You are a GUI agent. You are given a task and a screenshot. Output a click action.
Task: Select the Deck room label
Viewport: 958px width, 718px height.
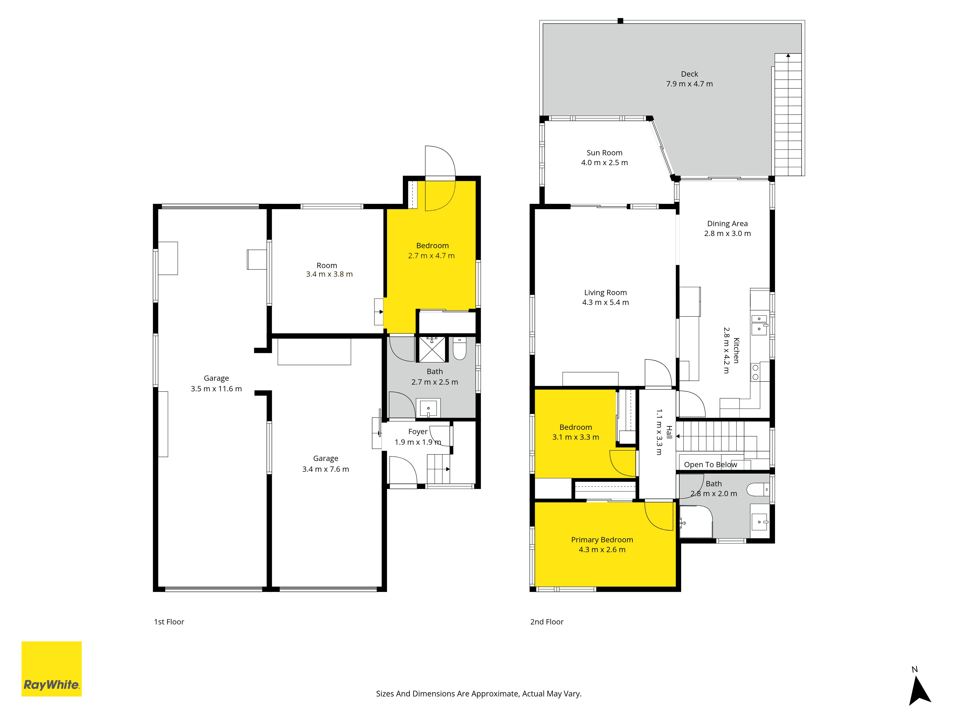tap(690, 74)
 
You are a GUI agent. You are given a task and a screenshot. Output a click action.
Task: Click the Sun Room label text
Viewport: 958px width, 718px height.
tap(604, 153)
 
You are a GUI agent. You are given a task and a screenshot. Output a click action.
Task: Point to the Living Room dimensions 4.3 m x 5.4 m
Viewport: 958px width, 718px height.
tap(605, 303)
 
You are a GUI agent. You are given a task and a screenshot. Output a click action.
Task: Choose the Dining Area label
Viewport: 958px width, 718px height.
tap(728, 224)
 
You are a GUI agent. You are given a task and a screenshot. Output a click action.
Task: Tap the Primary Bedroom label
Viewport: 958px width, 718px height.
tap(602, 540)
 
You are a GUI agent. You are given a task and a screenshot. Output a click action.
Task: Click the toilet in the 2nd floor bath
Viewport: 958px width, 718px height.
tap(758, 489)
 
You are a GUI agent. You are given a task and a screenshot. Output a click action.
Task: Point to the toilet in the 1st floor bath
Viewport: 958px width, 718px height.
tap(460, 349)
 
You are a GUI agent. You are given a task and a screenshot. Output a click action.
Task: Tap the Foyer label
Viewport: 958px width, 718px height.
tap(418, 432)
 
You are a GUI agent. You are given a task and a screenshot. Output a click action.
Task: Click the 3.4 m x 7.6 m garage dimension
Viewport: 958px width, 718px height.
tap(326, 469)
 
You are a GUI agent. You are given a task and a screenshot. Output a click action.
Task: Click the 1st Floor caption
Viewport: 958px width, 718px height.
tap(169, 622)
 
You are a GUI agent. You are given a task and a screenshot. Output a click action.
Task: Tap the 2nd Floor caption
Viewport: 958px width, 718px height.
tap(547, 622)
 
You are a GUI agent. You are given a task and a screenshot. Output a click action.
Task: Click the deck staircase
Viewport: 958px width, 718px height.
tap(788, 115)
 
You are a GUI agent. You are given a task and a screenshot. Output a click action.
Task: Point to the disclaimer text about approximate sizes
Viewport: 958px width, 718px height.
tap(479, 694)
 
